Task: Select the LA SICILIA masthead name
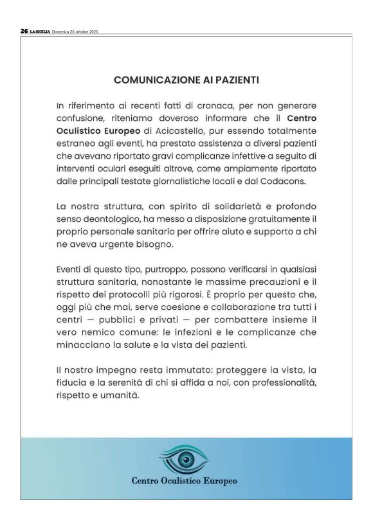(40, 31)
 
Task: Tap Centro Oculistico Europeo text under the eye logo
(185, 480)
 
